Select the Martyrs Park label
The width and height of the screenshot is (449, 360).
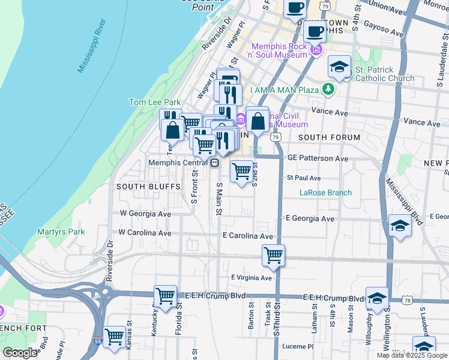pyautogui.click(x=61, y=232)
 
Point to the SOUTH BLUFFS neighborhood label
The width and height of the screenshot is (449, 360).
pyautogui.click(x=148, y=187)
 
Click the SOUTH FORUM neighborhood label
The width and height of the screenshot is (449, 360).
pyautogui.click(x=329, y=137)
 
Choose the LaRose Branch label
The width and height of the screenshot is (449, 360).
pyautogui.click(x=325, y=193)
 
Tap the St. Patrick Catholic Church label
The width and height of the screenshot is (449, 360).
pyautogui.click(x=384, y=74)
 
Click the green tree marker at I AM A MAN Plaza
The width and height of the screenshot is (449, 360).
pyautogui.click(x=327, y=89)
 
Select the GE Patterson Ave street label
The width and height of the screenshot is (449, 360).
pyautogui.click(x=318, y=158)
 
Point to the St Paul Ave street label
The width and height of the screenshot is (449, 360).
pyautogui.click(x=304, y=178)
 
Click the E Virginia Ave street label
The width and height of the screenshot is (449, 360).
pyautogui.click(x=252, y=278)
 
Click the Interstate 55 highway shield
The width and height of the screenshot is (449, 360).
pyautogui.click(x=98, y=341)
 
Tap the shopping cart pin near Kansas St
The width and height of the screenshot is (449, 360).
pyautogui.click(x=114, y=335)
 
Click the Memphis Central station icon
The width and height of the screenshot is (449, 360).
pyautogui.click(x=214, y=163)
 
